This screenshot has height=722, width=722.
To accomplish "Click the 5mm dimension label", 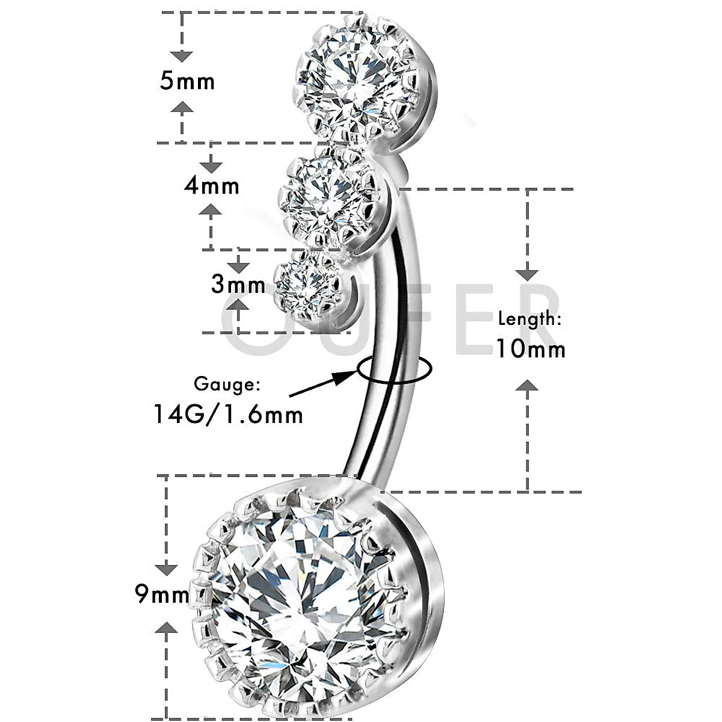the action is pyautogui.click(x=187, y=80).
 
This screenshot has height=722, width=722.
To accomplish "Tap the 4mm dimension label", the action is pyautogui.click(x=212, y=185).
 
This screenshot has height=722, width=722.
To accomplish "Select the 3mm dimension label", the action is pyautogui.click(x=238, y=283).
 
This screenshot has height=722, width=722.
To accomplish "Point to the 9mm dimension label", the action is pyautogui.click(x=162, y=595).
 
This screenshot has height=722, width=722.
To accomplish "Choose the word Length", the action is pyautogui.click(x=529, y=319).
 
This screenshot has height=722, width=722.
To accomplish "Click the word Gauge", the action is pyautogui.click(x=227, y=384).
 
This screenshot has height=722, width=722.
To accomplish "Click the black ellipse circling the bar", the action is pyautogui.click(x=394, y=369).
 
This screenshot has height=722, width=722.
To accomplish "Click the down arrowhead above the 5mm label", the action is pyautogui.click(x=181, y=56).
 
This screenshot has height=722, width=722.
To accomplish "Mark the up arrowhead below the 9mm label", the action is pyautogui.click(x=167, y=629).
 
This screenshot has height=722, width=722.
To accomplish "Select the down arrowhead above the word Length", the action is pyautogui.click(x=528, y=274).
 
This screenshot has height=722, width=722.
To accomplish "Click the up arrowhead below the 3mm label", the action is pyautogui.click(x=239, y=304).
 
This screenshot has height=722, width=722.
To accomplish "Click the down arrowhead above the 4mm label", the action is pyautogui.click(x=211, y=167).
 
